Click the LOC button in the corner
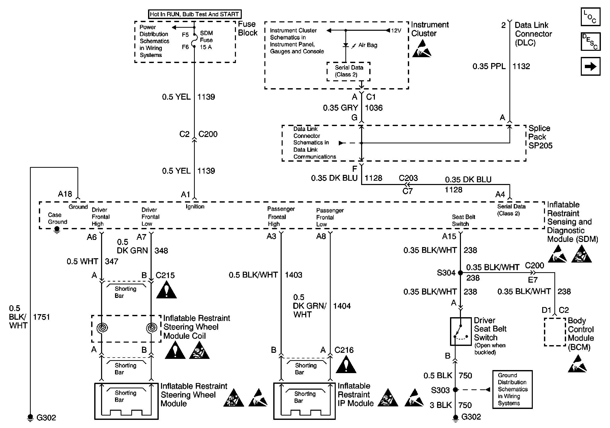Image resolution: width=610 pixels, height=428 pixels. [590, 17]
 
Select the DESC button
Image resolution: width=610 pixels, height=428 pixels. [590, 41]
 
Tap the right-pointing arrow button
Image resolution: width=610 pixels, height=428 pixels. [590, 66]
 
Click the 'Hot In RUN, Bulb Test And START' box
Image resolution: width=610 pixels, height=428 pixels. [195, 14]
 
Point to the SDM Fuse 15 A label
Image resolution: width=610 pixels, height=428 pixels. [206, 40]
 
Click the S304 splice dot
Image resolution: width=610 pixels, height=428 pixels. [460, 273]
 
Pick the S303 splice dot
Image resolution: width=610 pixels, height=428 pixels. [455, 390]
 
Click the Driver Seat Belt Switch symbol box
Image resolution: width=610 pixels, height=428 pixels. [461, 331]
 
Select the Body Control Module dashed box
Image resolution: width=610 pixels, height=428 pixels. [555, 332]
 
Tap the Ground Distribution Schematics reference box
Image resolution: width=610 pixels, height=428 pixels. [512, 389]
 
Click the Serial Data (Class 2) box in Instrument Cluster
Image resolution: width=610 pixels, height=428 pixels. [348, 71]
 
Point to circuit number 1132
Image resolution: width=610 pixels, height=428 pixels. [521, 66]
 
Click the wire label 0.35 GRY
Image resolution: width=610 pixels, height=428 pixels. [340, 108]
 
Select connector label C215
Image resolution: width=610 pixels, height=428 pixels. [165, 275]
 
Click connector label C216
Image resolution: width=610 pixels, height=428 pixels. [344, 350]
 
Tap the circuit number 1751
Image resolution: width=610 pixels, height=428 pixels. [41, 317]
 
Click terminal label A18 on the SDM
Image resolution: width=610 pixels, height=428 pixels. [65, 194]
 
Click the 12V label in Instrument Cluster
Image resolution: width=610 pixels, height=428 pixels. [396, 30]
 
